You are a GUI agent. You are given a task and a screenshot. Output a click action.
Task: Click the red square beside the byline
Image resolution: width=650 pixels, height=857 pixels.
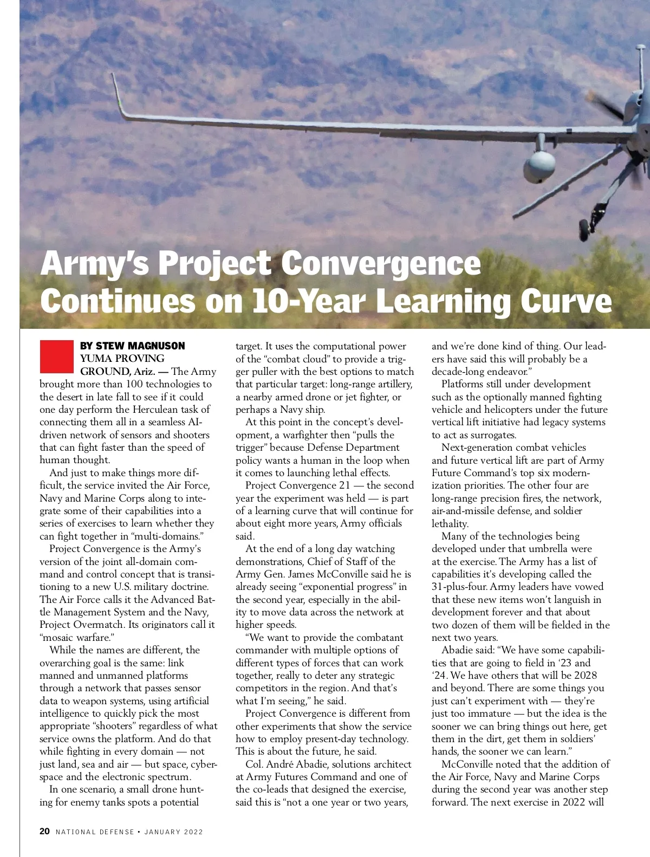(56, 356)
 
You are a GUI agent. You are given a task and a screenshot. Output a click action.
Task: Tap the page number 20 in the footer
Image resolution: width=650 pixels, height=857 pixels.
(45, 831)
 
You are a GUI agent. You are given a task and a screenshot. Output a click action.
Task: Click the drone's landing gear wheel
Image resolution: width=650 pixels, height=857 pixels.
(586, 230)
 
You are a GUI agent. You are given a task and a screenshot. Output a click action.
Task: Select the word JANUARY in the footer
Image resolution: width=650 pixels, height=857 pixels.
(164, 832)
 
